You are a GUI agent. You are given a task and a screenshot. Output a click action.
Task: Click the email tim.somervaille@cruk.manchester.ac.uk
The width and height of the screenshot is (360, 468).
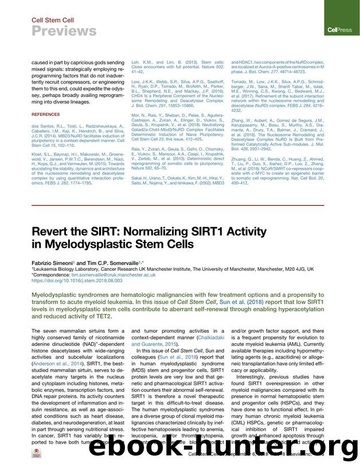coord(119,275)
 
